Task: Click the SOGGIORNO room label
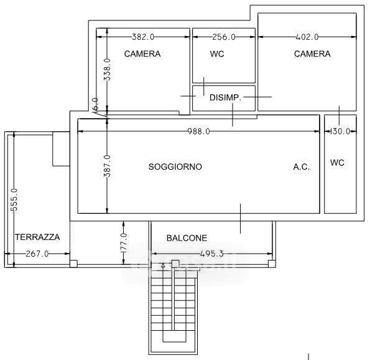coord(175,167)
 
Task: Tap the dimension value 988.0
coord(198,131)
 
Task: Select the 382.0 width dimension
coord(143,37)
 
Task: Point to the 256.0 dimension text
coord(224,37)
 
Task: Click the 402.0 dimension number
coord(307,37)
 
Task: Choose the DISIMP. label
coord(225,98)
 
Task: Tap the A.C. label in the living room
coord(302,167)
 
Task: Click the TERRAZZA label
coord(37,237)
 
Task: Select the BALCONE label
coord(187,238)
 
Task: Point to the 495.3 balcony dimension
coord(211,254)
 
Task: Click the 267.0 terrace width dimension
coord(37,254)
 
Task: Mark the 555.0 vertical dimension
coord(14,200)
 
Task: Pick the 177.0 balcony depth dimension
coord(124,243)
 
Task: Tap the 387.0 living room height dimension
coord(107,166)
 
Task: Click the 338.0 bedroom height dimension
coord(107,70)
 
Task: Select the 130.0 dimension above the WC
coord(340,131)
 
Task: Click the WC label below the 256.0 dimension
coord(217,54)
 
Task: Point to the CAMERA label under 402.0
coord(312,54)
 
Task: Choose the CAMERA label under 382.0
coord(142,54)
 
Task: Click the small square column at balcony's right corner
coord(272,264)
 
